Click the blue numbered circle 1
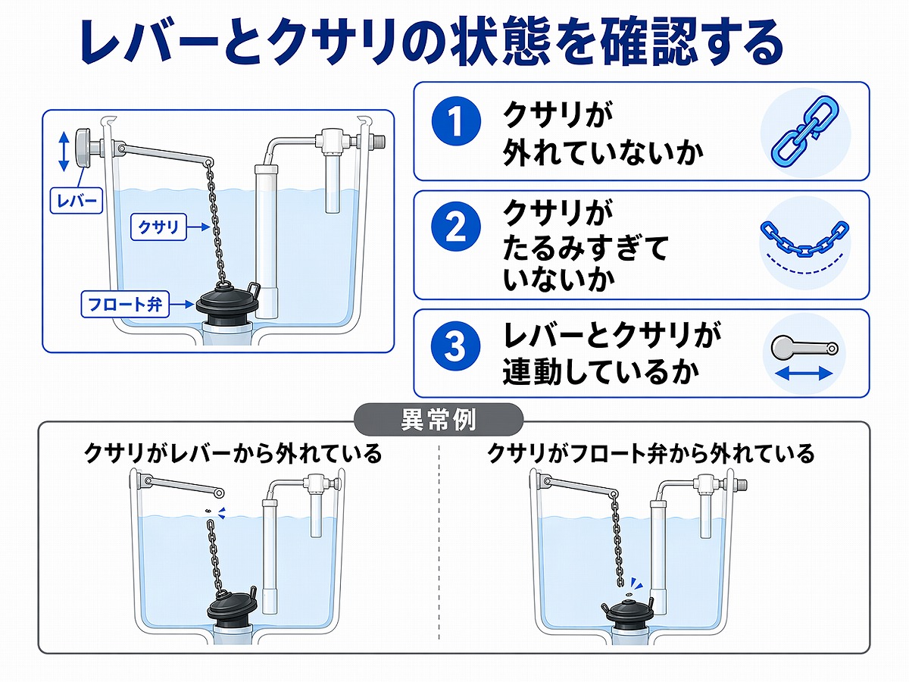(455, 122)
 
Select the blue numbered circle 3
(455, 348)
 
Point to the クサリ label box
(158, 226)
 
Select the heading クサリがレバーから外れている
(233, 454)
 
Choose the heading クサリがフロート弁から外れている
(650, 454)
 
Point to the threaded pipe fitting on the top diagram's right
(378, 141)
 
